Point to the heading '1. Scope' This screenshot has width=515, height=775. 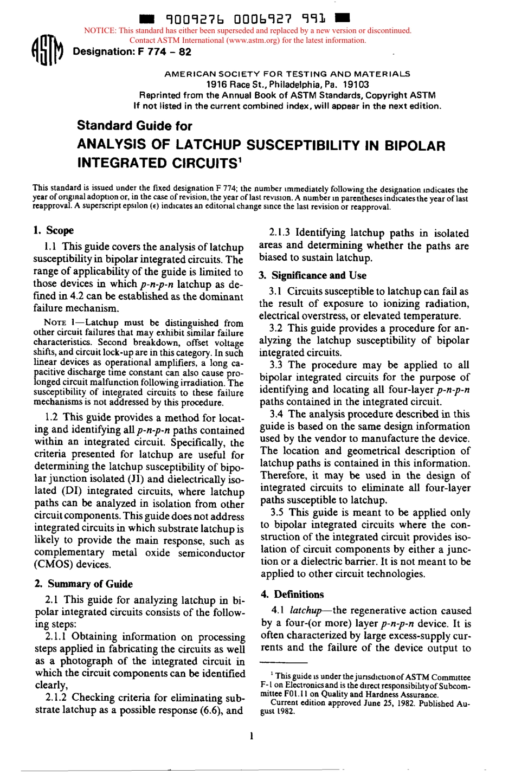(x=54, y=230)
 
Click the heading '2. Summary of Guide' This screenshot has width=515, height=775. (x=83, y=584)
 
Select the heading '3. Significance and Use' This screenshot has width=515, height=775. (x=312, y=275)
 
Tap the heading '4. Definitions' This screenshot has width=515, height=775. (x=292, y=595)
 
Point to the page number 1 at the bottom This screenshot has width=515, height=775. (x=252, y=736)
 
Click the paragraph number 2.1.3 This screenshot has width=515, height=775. (x=280, y=234)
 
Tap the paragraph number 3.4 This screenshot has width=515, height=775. (x=277, y=414)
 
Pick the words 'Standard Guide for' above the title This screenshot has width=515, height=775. (x=134, y=126)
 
